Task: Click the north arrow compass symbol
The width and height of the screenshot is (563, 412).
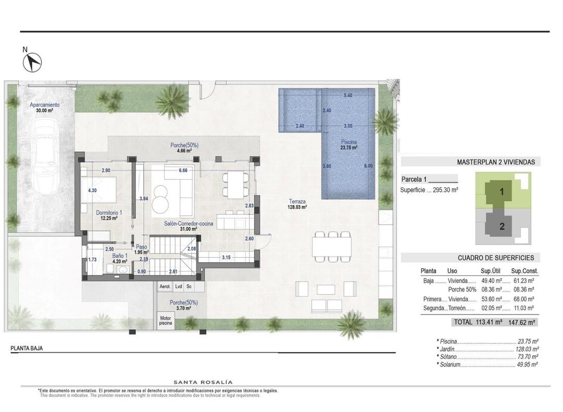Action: pyautogui.click(x=33, y=62)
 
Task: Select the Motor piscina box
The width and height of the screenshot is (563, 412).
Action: pyautogui.click(x=165, y=320)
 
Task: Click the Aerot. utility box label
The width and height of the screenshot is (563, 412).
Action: pyautogui.click(x=164, y=286)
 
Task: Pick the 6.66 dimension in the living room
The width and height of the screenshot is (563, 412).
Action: pyautogui.click(x=182, y=171)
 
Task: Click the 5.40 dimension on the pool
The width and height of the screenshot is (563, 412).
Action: pyautogui.click(x=348, y=95)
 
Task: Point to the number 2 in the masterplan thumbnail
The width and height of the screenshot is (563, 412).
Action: pyautogui.click(x=502, y=226)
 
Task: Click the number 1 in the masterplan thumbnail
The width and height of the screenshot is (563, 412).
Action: pyautogui.click(x=501, y=191)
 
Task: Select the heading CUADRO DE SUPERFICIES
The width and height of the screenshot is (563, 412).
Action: pyautogui.click(x=496, y=258)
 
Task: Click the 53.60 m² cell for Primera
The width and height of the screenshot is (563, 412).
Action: pyautogui.click(x=491, y=299)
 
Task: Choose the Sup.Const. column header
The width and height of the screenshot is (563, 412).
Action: pyautogui.click(x=524, y=271)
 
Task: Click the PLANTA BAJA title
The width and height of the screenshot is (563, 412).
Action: pyautogui.click(x=27, y=348)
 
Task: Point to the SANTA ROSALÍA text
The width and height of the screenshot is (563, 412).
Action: pyautogui.click(x=203, y=382)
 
